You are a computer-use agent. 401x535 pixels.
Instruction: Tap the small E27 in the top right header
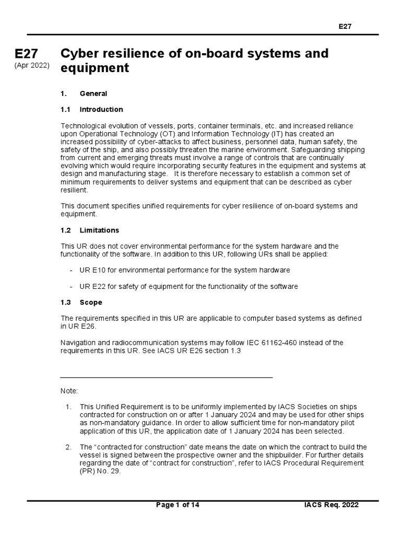pyautogui.click(x=345, y=27)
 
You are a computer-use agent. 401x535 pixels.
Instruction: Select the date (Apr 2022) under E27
pyautogui.click(x=32, y=66)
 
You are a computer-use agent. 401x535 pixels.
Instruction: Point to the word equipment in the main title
pyautogui.click(x=95, y=68)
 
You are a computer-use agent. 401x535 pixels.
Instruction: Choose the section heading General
pyautogui.click(x=93, y=94)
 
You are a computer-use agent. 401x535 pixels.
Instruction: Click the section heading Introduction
pyautogui.click(x=101, y=110)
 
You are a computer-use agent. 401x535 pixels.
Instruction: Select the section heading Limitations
pyautogui.click(x=99, y=230)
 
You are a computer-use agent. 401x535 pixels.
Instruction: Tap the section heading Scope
pyautogui.click(x=91, y=303)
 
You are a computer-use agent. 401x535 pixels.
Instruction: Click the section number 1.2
pyautogui.click(x=65, y=230)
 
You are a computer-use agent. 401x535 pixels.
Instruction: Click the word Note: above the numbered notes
pyautogui.click(x=69, y=391)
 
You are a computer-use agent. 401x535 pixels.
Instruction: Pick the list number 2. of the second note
pyautogui.click(x=68, y=447)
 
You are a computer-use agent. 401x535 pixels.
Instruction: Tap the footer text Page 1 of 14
pyautogui.click(x=178, y=505)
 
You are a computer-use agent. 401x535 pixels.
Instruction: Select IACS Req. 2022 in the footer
pyautogui.click(x=332, y=505)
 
